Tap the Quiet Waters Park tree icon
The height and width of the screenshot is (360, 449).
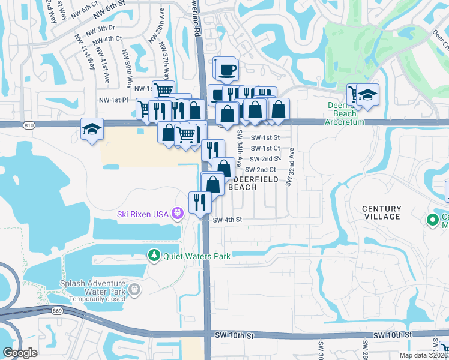(154, 256)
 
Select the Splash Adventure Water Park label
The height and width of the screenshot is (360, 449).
(92, 284)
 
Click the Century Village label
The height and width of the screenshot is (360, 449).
(382, 212)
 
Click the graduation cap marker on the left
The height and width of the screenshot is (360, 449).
(91, 129)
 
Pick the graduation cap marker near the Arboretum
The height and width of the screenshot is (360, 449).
(368, 94)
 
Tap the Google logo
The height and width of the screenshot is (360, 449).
(20, 353)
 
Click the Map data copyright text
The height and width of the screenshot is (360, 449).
(424, 355)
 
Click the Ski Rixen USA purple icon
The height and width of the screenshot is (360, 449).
(177, 213)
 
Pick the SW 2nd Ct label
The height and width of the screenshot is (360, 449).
(259, 170)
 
